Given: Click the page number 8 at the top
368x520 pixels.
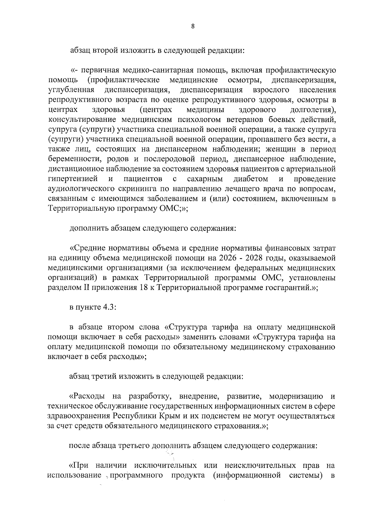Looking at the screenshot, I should tap(193, 26).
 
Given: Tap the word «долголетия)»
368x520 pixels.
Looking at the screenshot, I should tap(312, 110).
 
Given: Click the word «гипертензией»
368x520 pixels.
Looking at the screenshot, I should tap(73, 179).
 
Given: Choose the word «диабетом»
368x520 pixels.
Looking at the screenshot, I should tap(251, 179).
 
